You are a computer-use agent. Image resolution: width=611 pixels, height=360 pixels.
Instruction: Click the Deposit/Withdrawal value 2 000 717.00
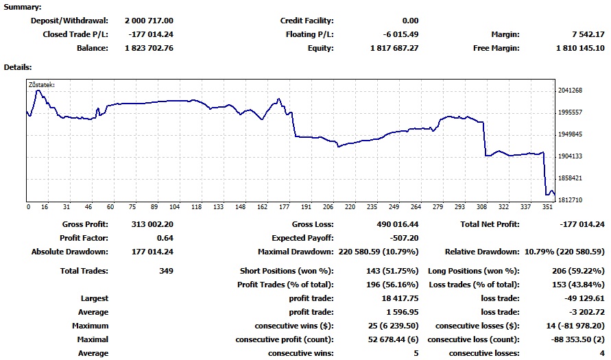point(149,21)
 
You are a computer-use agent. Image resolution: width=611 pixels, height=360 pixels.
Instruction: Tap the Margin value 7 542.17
point(587,34)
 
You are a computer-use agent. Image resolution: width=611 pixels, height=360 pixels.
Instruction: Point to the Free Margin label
point(496,48)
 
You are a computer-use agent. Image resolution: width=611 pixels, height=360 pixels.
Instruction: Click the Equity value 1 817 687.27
point(394,48)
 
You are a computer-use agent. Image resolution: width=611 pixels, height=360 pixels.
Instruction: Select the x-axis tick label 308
point(482,206)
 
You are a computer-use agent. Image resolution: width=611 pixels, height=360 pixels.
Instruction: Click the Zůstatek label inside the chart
point(40,86)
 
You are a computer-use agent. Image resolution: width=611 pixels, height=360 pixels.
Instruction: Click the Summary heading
point(23,7)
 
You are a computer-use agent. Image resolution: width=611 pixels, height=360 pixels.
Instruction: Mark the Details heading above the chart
point(18,67)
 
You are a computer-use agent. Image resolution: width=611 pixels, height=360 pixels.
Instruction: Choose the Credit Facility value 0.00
point(410,21)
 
